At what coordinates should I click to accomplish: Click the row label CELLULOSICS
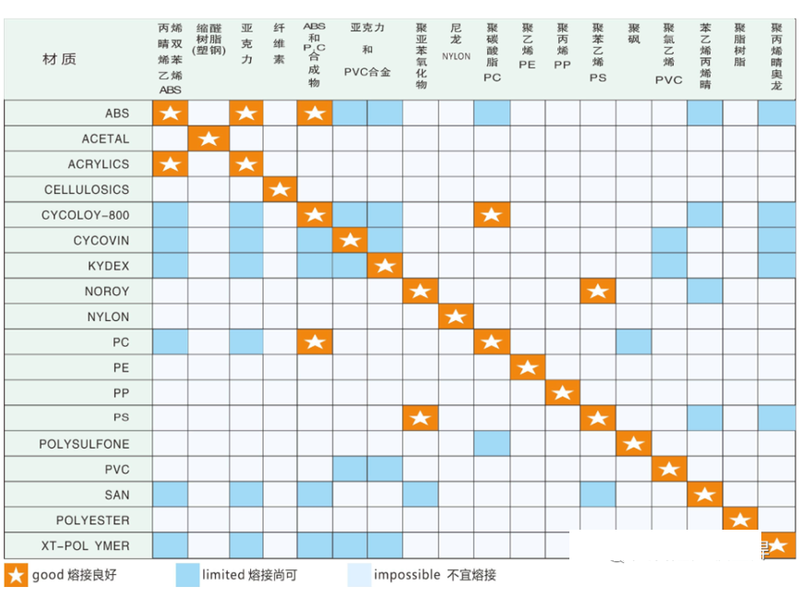click(x=87, y=189)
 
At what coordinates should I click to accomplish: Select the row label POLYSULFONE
click(x=84, y=444)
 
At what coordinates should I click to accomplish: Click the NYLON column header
click(x=456, y=56)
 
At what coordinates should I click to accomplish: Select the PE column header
click(x=527, y=56)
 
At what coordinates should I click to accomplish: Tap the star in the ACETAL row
click(x=209, y=139)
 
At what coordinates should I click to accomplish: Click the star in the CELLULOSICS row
click(x=281, y=190)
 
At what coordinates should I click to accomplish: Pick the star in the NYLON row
click(x=456, y=317)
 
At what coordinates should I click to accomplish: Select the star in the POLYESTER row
click(x=740, y=520)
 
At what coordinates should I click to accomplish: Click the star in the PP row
click(x=563, y=393)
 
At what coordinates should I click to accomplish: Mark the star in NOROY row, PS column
click(x=598, y=292)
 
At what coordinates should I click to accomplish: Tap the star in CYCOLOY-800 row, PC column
click(x=492, y=215)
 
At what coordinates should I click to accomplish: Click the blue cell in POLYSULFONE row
click(x=492, y=444)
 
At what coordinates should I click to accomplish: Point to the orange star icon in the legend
click(x=17, y=575)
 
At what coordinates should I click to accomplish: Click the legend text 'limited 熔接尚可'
click(x=249, y=575)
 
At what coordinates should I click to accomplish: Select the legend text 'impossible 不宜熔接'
click(x=435, y=575)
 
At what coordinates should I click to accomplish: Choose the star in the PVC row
click(x=669, y=470)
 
